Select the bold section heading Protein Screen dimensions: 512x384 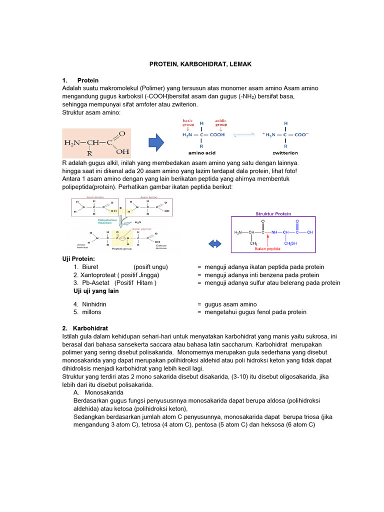click(88, 80)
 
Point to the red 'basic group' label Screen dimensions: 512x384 click(187, 122)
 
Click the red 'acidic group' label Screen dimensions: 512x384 click(220, 122)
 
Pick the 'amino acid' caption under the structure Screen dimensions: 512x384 click(201, 153)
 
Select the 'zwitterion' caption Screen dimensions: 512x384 click(285, 153)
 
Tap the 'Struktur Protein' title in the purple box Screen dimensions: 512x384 click(273, 213)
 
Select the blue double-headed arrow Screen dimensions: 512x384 click(214, 243)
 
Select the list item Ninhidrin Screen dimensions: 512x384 click(94, 304)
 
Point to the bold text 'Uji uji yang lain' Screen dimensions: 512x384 click(96, 291)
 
